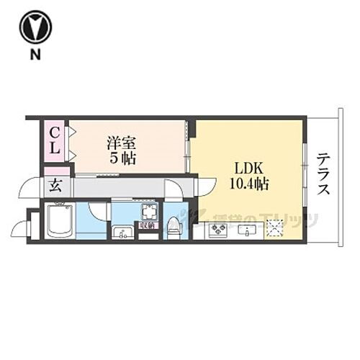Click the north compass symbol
[35, 28]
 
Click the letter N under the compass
[35, 55]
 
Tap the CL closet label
[54, 140]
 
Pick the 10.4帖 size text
[249, 184]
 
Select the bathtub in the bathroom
[58, 220]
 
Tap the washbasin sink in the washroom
[122, 232]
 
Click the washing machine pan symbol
[149, 212]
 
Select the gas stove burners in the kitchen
[217, 231]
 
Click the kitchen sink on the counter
[248, 231]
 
